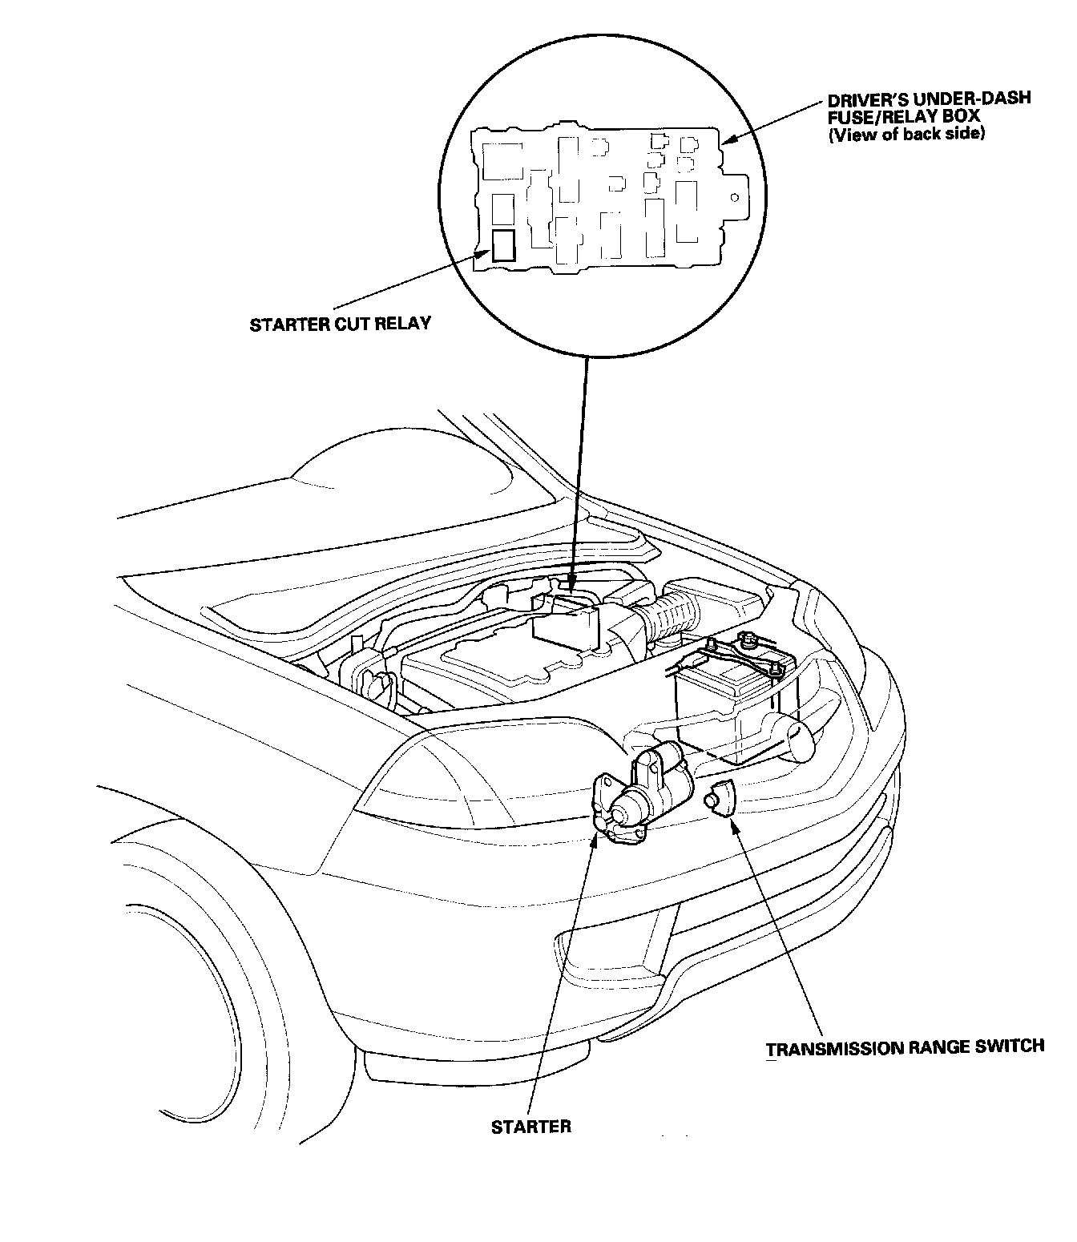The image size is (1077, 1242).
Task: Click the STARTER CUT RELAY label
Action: click(x=340, y=324)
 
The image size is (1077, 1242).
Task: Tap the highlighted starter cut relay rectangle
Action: click(x=505, y=246)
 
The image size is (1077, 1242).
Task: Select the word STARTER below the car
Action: click(x=530, y=1126)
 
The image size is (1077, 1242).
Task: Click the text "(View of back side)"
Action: click(x=906, y=134)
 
